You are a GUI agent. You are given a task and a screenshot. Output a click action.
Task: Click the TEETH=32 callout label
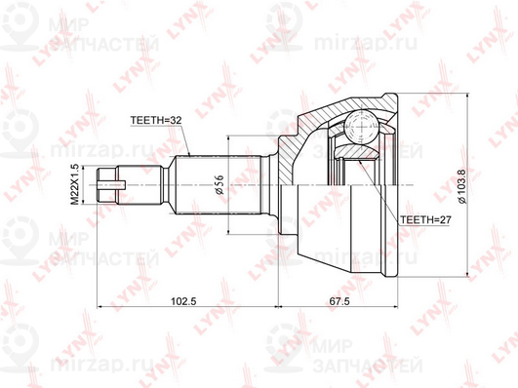[x=156, y=120]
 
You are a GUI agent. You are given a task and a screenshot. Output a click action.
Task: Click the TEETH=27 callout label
[x=425, y=219]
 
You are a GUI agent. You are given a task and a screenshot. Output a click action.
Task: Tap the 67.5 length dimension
[x=338, y=301]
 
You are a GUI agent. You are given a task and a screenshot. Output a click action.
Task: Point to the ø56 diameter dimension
[x=219, y=184]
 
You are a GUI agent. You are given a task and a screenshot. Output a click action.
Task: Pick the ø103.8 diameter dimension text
[x=461, y=186]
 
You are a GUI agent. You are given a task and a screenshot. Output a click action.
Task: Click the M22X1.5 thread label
[x=75, y=184]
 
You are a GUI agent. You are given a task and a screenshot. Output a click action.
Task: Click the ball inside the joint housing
[x=361, y=127]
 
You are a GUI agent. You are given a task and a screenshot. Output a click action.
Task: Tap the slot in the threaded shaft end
[x=111, y=185]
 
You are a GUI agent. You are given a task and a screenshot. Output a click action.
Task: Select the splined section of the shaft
[x=219, y=185]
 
